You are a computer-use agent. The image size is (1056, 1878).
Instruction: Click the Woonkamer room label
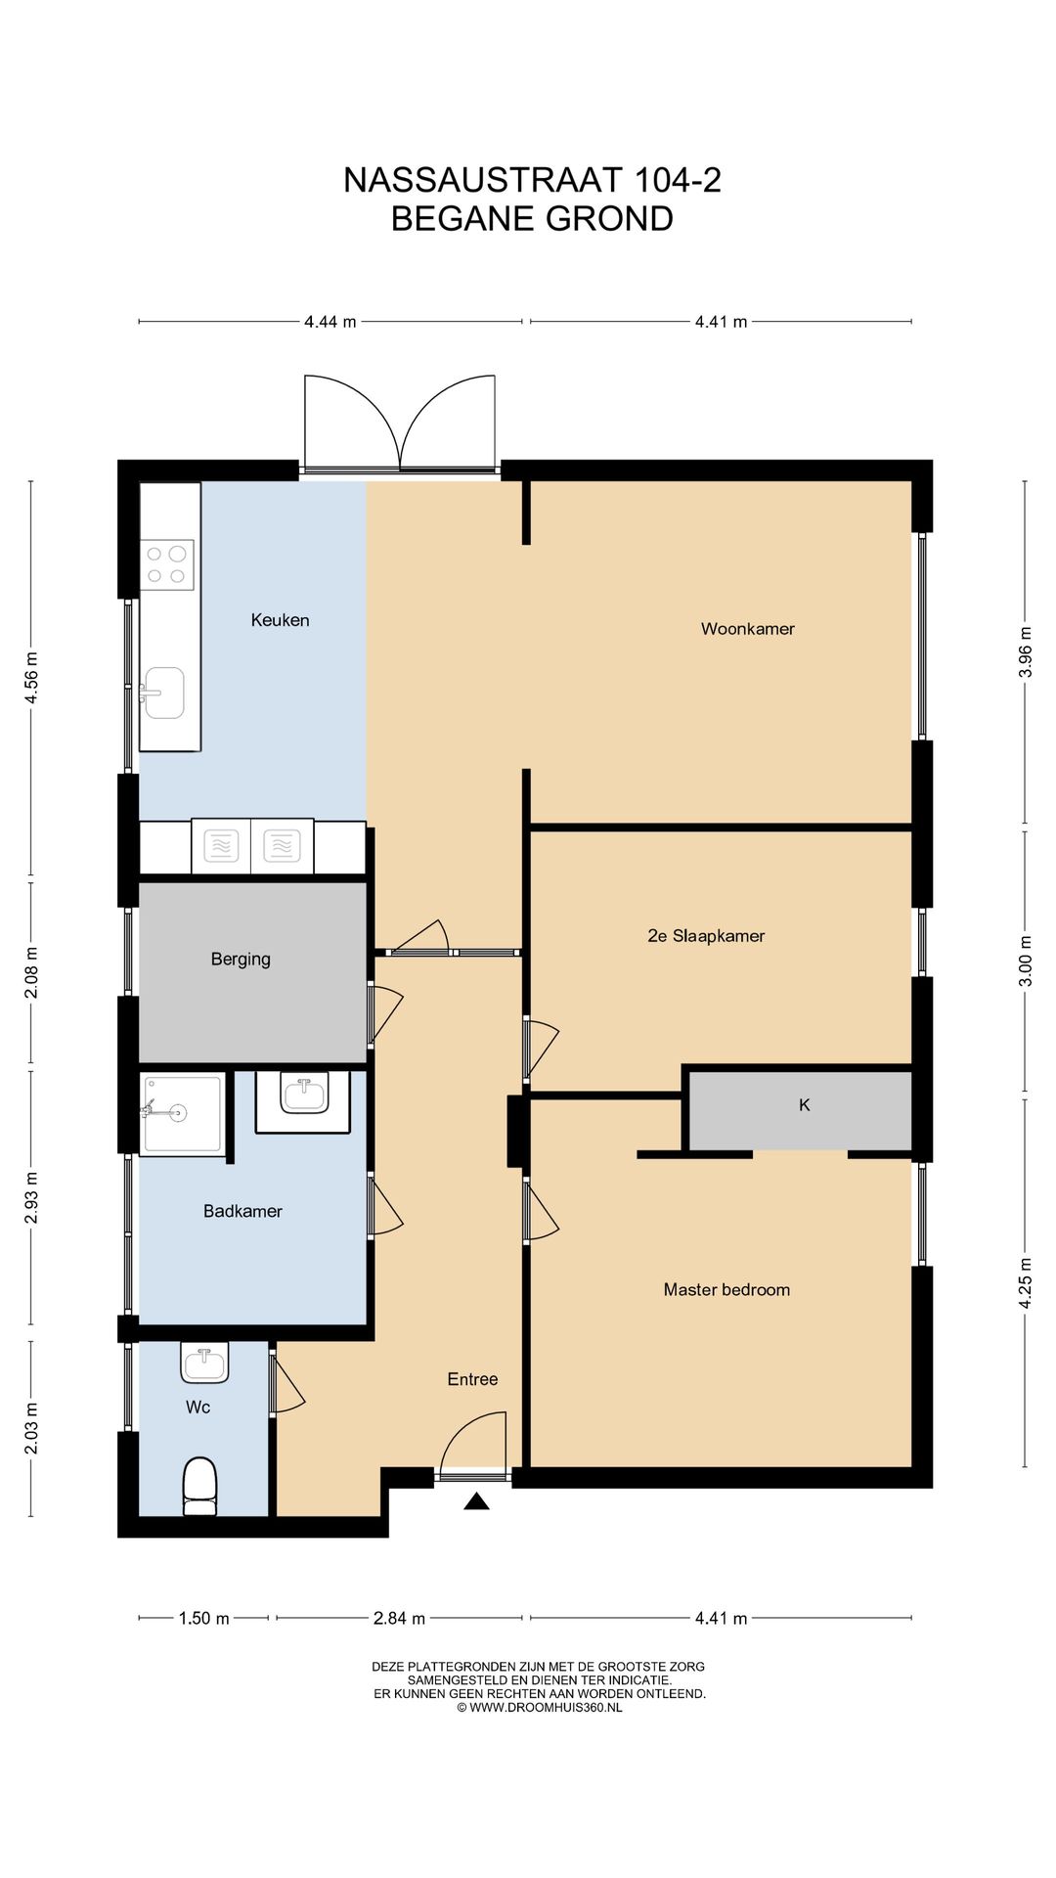(747, 629)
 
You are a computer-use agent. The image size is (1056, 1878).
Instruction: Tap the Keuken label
(280, 620)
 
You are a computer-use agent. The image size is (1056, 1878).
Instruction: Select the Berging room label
(241, 960)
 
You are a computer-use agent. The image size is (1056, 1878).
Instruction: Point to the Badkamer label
(242, 1211)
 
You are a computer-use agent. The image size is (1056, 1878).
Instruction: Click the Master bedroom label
(726, 1290)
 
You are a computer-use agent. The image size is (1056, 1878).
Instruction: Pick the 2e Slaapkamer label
(706, 936)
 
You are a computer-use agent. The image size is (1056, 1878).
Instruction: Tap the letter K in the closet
(805, 1105)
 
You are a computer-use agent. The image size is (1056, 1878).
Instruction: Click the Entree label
(472, 1379)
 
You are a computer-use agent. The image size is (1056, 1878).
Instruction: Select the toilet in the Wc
(199, 1487)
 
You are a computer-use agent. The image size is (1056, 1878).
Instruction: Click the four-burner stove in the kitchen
(166, 565)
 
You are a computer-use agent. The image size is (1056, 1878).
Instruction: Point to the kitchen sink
(163, 693)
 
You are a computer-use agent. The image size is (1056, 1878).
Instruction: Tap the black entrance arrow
(476, 1501)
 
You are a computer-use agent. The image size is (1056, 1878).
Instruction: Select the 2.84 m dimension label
(399, 1618)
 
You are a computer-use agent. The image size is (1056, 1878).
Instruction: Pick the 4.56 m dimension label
(31, 678)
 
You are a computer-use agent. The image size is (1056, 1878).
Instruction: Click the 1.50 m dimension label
(203, 1618)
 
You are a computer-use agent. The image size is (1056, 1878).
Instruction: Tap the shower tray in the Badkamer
(182, 1114)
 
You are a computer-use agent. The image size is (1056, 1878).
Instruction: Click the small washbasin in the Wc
(204, 1363)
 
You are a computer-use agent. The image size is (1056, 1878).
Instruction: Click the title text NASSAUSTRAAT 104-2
(532, 180)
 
